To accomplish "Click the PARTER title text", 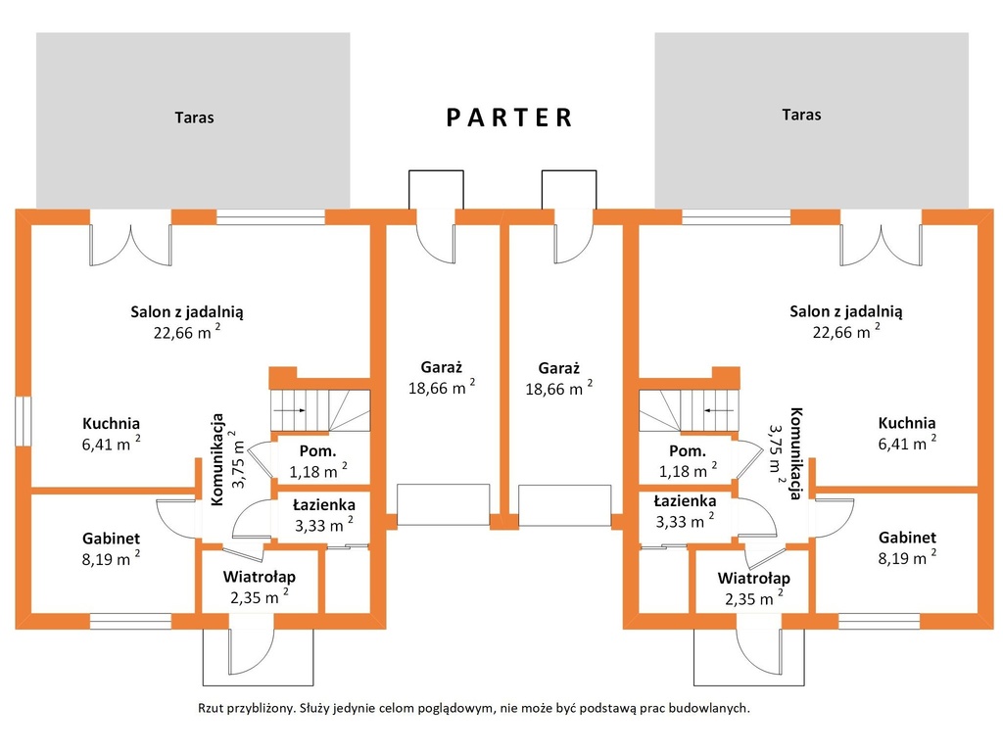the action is [x=509, y=117].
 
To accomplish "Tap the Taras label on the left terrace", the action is [x=195, y=117].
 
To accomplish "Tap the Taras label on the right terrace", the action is [x=801, y=116].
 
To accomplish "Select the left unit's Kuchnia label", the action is [x=111, y=423].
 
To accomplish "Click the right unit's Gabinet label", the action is [x=907, y=538].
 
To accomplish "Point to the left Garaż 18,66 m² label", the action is [x=442, y=378].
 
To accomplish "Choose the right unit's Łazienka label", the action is [x=685, y=501].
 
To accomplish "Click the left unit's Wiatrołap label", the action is [x=259, y=577].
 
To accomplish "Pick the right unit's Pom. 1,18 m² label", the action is [x=688, y=461].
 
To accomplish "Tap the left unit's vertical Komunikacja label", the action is [x=218, y=459].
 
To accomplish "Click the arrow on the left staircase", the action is [x=291, y=410].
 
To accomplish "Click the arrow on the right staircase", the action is [x=718, y=410].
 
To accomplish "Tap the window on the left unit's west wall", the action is [x=24, y=421].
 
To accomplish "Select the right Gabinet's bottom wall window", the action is [x=879, y=621].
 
